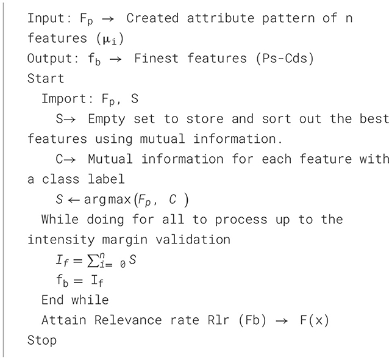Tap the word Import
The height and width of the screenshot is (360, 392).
click(62, 99)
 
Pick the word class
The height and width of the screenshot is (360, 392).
click(65, 179)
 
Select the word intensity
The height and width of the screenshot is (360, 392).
click(58, 239)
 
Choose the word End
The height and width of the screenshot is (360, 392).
click(51, 300)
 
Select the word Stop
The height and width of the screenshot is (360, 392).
click(41, 340)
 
